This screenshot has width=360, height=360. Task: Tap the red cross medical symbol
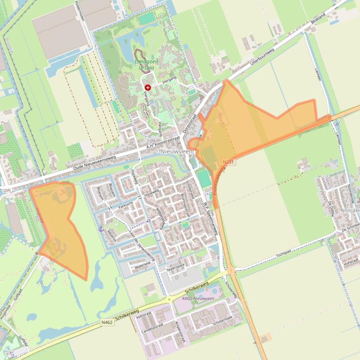(148, 87)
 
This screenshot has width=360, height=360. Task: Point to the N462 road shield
(107, 322)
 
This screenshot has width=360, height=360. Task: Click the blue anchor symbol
(100, 229)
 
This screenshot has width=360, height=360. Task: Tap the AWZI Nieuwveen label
(198, 298)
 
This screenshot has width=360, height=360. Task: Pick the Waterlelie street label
(143, 265)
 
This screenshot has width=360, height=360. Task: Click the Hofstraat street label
(351, 262)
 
